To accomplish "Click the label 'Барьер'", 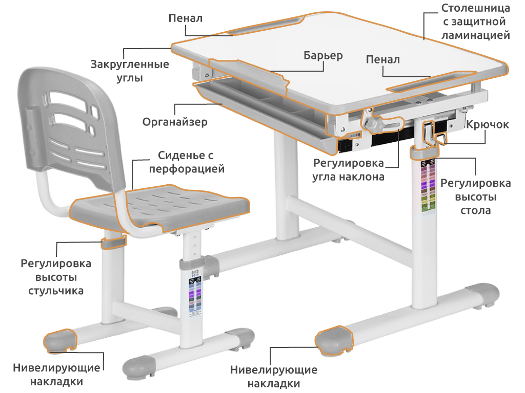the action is (x=323, y=55).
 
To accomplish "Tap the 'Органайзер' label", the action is (x=175, y=122).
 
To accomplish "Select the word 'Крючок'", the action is (x=488, y=125).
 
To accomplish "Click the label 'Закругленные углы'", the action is (x=130, y=71).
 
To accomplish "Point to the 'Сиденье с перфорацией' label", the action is (x=187, y=162).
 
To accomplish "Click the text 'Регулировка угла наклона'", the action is (x=348, y=170).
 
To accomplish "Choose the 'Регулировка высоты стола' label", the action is (x=475, y=197).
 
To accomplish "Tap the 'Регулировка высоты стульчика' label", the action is (x=56, y=277).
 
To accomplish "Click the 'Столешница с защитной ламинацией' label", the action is (x=475, y=21).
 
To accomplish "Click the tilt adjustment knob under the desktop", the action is (x=372, y=124).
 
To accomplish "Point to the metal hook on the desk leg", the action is (x=434, y=135).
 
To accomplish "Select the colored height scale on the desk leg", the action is (x=428, y=186).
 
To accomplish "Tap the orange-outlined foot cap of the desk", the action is (x=334, y=340).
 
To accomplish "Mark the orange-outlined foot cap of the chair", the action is (x=60, y=340).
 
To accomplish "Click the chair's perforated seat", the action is (x=160, y=207).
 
